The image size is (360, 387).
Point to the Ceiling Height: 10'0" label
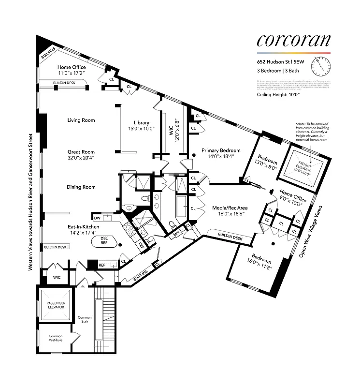(281, 95)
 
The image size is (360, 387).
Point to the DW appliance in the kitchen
(97, 219)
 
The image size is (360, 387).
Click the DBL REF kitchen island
(104, 240)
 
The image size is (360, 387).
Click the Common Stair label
(85, 321)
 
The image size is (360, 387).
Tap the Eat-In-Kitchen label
(85, 226)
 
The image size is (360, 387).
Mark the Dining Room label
(81, 187)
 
